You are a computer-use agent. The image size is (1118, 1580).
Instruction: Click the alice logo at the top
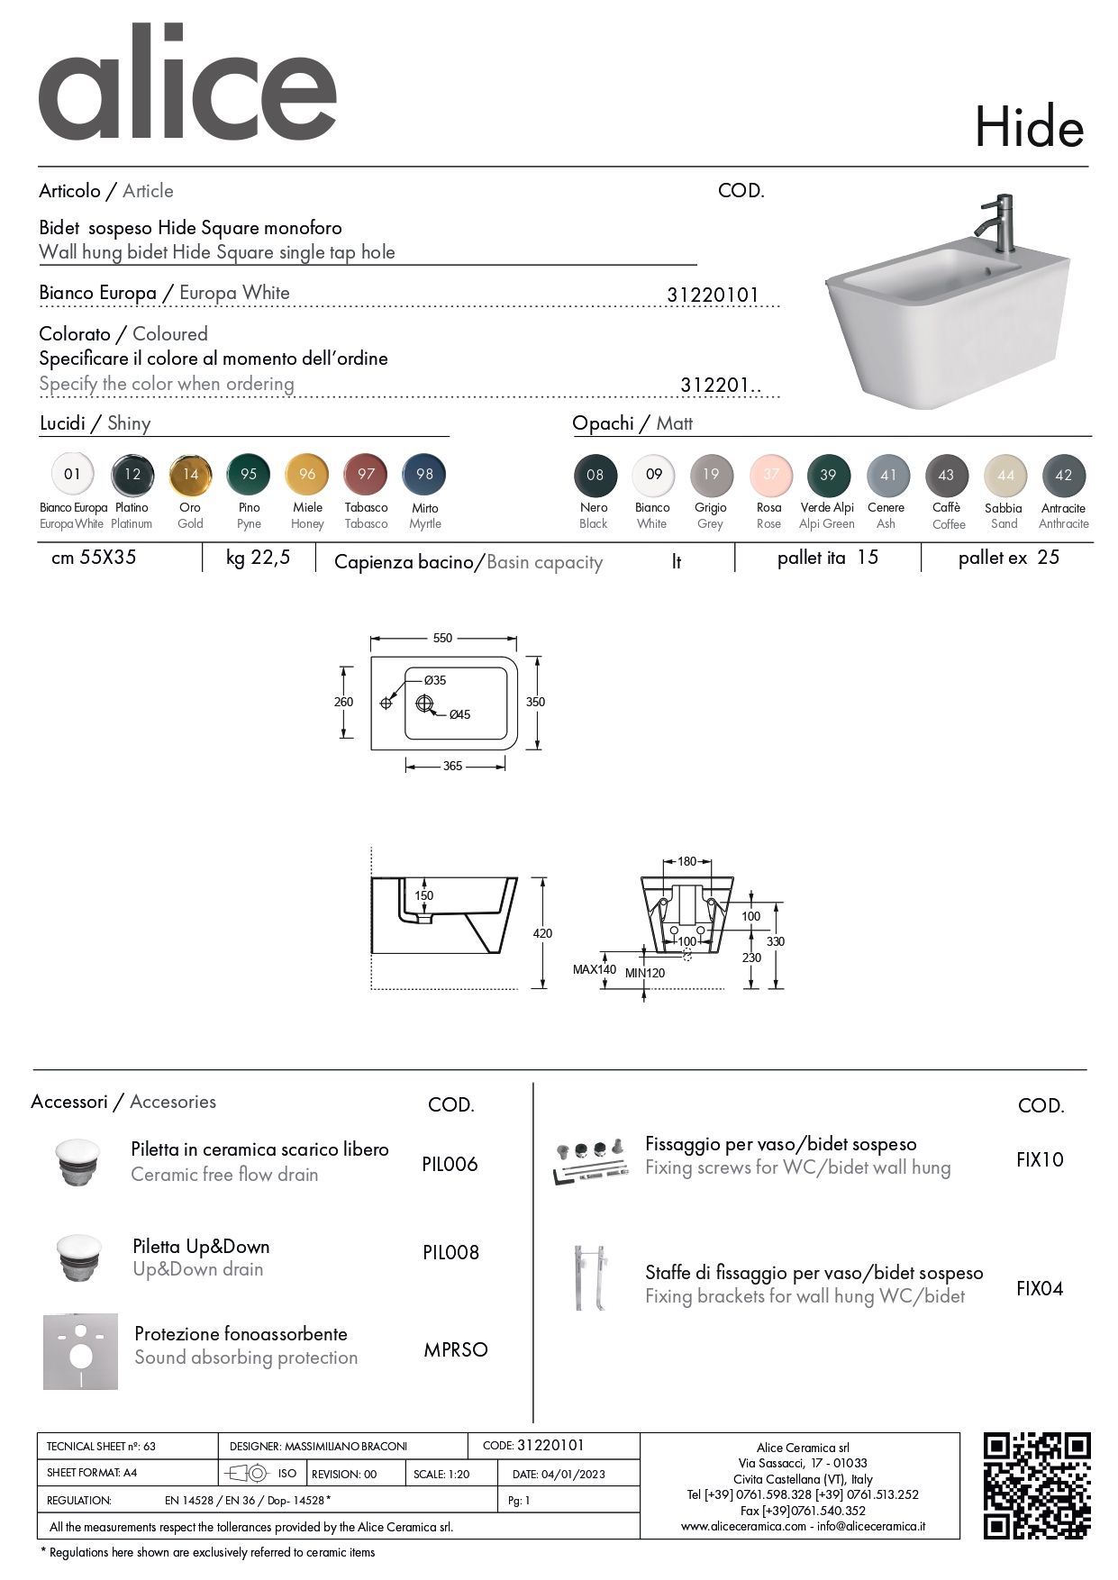pyautogui.click(x=187, y=84)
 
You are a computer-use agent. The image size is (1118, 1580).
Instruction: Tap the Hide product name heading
pyautogui.click(x=1029, y=128)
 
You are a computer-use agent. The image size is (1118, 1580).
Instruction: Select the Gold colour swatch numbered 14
pyautogui.click(x=190, y=474)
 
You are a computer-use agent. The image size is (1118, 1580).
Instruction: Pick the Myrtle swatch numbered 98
pyautogui.click(x=424, y=474)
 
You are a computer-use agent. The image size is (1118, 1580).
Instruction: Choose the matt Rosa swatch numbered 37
pyautogui.click(x=770, y=475)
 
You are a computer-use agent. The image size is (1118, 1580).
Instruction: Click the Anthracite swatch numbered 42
pyautogui.click(x=1063, y=475)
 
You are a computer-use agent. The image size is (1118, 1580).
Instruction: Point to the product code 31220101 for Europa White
pyautogui.click(x=713, y=295)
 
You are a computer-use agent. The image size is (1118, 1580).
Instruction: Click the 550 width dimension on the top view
pyautogui.click(x=442, y=638)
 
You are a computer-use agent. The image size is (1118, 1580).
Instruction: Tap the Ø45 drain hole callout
pyautogui.click(x=459, y=714)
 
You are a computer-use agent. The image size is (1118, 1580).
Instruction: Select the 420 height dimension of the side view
pyautogui.click(x=542, y=933)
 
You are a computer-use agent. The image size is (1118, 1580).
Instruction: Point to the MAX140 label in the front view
pyautogui.click(x=595, y=969)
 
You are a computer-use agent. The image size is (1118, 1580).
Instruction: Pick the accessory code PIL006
pyautogui.click(x=450, y=1164)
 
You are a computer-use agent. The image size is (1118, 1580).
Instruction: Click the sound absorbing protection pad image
pyautogui.click(x=80, y=1351)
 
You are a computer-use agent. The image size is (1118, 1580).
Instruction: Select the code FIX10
pyautogui.click(x=1040, y=1160)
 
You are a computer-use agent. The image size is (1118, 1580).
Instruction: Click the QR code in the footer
pyautogui.click(x=1036, y=1485)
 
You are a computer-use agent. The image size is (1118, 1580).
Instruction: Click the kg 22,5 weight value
pyautogui.click(x=259, y=558)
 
